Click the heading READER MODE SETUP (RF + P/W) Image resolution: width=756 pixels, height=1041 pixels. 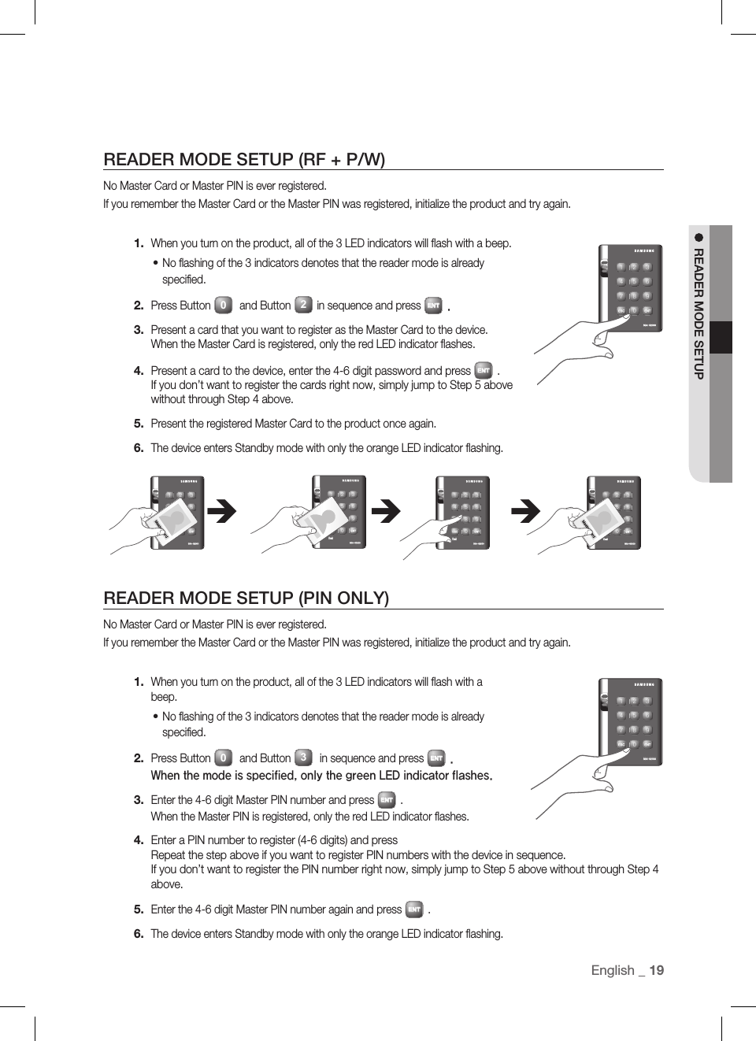244,159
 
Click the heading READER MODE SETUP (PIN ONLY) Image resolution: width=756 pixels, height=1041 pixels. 246,598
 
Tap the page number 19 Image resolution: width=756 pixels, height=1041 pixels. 657,970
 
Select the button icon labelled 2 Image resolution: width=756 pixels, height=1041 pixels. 303,305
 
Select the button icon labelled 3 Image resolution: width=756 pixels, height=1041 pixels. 303,758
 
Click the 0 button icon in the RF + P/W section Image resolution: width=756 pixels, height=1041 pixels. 224,305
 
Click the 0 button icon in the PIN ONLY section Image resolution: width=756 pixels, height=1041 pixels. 224,758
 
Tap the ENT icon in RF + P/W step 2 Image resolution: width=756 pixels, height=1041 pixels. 433,306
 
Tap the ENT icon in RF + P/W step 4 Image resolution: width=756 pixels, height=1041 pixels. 484,370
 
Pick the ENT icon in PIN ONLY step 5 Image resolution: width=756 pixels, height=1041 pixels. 414,909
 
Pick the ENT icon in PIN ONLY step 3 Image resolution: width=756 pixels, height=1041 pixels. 387,800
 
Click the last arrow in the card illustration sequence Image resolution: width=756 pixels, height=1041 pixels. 526,512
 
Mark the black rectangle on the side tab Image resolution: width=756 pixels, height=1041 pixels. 721,338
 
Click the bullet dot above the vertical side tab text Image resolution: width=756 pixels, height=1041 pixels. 699,237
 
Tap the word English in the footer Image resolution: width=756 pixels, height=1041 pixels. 613,970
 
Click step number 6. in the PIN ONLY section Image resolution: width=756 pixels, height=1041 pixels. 139,934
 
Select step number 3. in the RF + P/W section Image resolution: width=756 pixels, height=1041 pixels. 139,330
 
